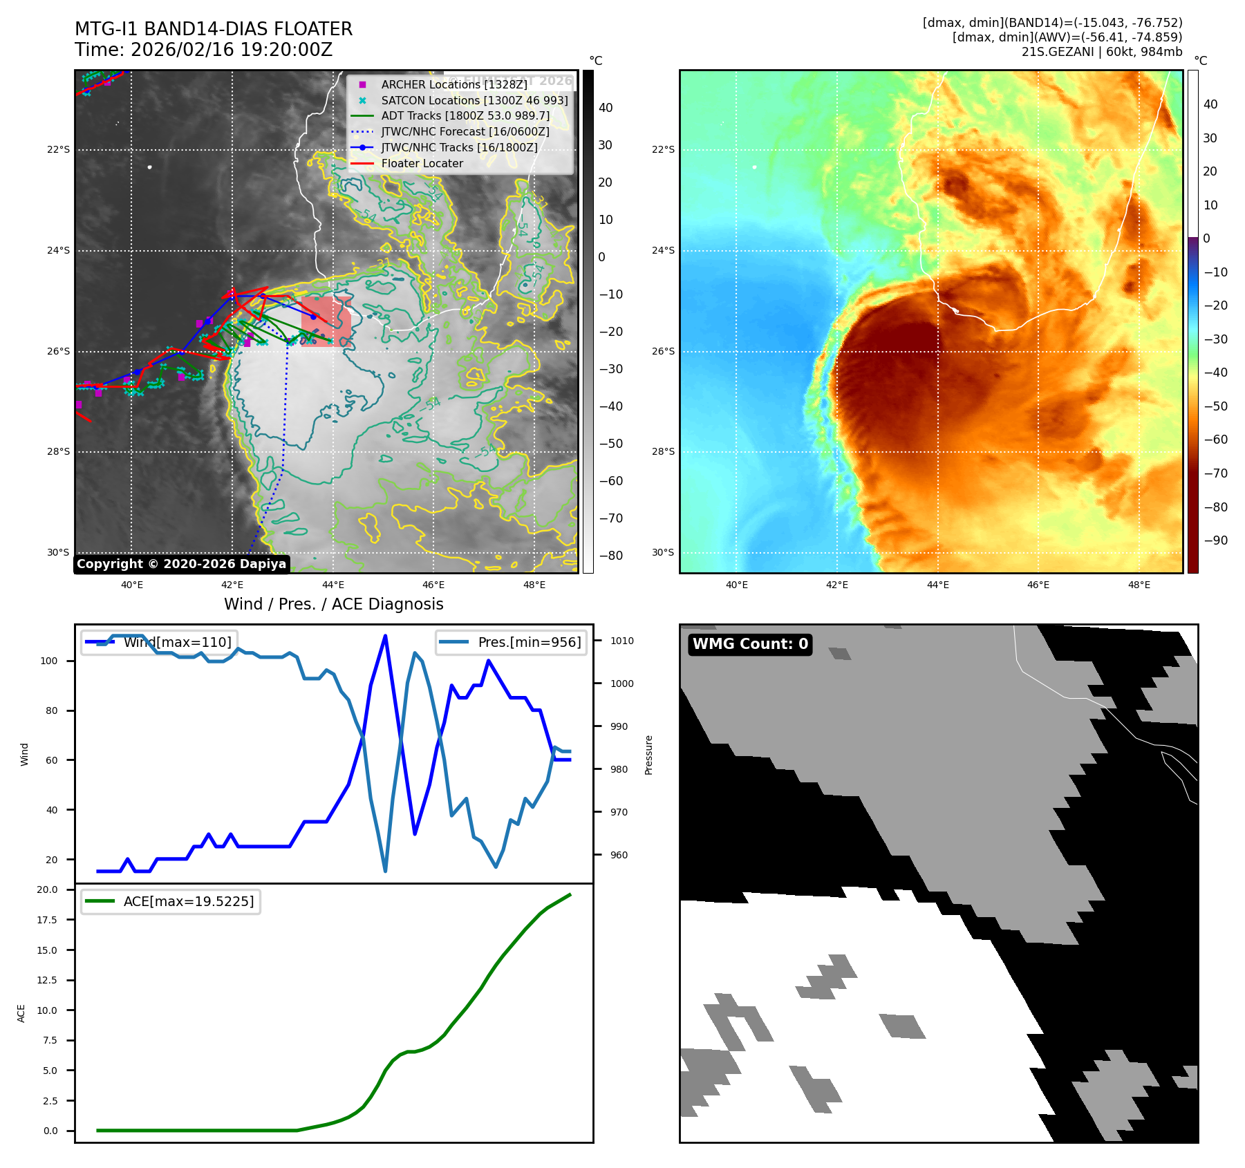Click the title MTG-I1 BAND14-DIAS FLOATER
[x=214, y=29]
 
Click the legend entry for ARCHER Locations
[x=453, y=84]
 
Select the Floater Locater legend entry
[x=422, y=164]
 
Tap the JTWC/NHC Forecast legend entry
[x=465, y=132]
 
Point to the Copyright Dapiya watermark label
[x=181, y=564]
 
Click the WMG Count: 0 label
[x=750, y=644]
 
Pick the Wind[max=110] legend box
[x=159, y=642]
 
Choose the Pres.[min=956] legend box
[x=511, y=642]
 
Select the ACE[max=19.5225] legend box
[x=171, y=901]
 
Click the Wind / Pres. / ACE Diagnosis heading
[x=333, y=604]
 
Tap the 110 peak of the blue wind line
[x=385, y=636]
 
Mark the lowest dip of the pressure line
[x=385, y=871]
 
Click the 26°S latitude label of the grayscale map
[x=59, y=351]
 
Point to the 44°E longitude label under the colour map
[x=937, y=585]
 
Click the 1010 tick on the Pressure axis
[x=621, y=641]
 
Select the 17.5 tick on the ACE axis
[x=47, y=920]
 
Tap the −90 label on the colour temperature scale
[x=1215, y=540]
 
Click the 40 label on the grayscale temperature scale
[x=606, y=108]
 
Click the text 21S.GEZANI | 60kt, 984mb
[x=1101, y=52]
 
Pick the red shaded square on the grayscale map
[x=326, y=321]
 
